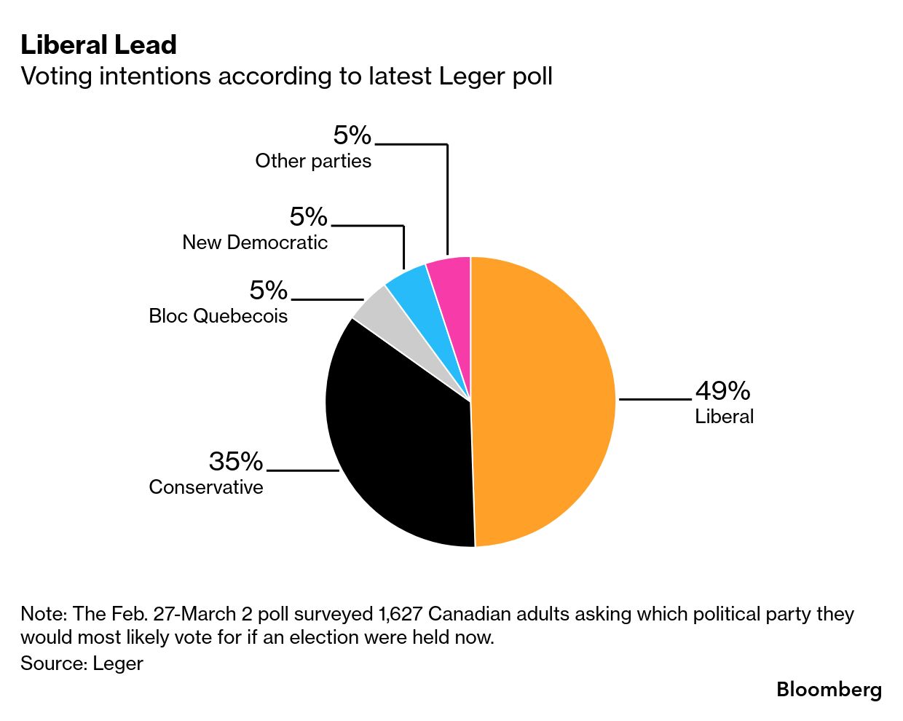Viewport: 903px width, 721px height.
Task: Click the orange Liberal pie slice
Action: pyautogui.click(x=546, y=401)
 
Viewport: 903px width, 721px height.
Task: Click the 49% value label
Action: pyautogui.click(x=722, y=391)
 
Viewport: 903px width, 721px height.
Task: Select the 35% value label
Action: pyautogui.click(x=235, y=461)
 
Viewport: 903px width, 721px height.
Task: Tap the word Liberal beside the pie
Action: pyautogui.click(x=724, y=417)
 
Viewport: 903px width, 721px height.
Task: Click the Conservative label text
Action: pyautogui.click(x=206, y=486)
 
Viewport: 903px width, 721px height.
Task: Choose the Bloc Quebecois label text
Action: pyautogui.click(x=218, y=316)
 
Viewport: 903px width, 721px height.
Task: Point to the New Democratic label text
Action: pyautogui.click(x=255, y=243)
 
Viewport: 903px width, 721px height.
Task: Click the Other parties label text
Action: pyautogui.click(x=313, y=161)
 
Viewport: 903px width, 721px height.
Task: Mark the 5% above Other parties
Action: pyautogui.click(x=352, y=135)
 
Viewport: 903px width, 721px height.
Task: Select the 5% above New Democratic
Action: pyautogui.click(x=308, y=217)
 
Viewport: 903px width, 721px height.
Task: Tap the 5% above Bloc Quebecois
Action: pyautogui.click(x=268, y=291)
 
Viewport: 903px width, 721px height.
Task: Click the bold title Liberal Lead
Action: pyautogui.click(x=98, y=45)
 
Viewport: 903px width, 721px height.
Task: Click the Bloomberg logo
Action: pyautogui.click(x=829, y=689)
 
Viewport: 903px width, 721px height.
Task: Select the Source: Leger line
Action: pyautogui.click(x=82, y=663)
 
